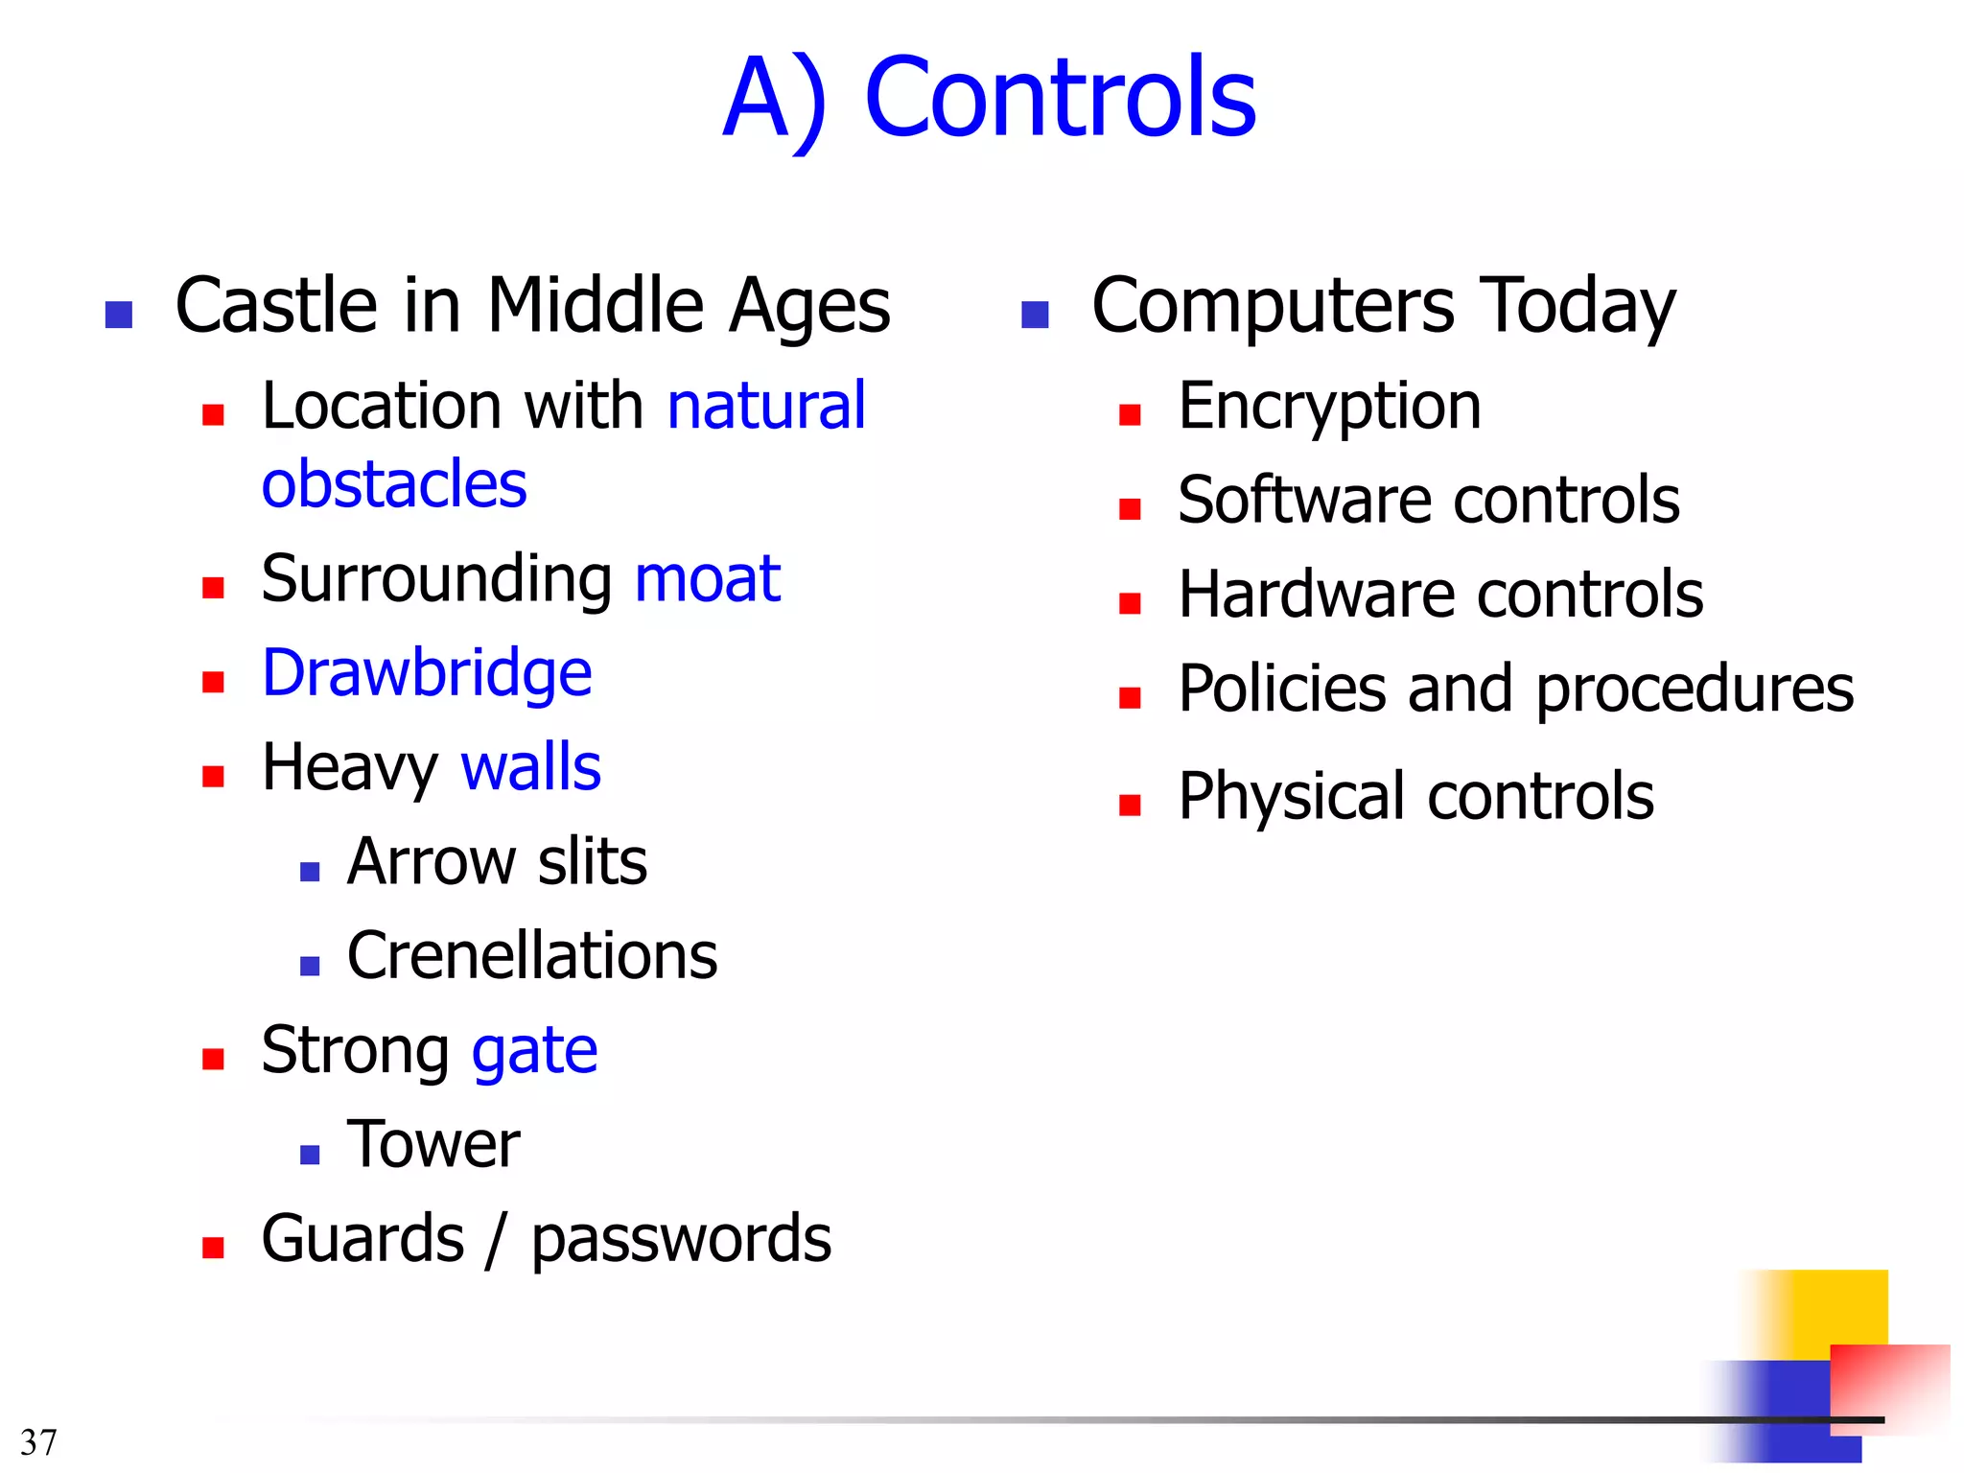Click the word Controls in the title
click(x=1060, y=98)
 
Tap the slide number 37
click(x=38, y=1442)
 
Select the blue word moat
click(x=708, y=579)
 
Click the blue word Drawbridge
click(x=427, y=674)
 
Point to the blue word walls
click(x=530, y=768)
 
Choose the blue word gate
click(x=534, y=1051)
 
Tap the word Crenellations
click(x=532, y=956)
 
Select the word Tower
click(x=433, y=1145)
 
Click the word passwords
click(x=681, y=1239)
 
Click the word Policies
click(x=1282, y=690)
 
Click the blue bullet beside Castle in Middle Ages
click(x=119, y=315)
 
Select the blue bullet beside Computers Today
click(x=1035, y=315)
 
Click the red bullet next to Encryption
click(x=1130, y=415)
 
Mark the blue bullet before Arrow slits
click(x=310, y=871)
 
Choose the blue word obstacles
click(x=394, y=484)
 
